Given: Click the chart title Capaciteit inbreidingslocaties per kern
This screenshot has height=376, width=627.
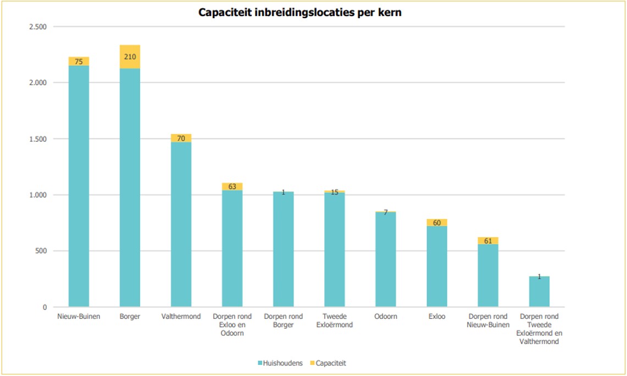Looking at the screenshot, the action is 300,13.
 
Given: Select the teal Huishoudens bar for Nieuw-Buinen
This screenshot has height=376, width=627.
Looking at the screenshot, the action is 79,186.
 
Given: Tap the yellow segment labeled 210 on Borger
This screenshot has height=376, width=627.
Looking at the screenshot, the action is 130,57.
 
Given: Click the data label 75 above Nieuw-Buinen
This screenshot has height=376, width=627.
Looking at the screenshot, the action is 79,62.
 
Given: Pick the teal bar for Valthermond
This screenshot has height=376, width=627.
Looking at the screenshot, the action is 181,224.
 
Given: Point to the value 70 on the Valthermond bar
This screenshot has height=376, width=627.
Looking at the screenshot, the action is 181,139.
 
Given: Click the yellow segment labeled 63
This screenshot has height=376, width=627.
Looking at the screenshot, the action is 232,187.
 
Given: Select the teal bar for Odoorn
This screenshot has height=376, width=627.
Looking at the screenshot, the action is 386,259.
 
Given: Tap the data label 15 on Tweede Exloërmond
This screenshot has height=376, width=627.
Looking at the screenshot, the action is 335,192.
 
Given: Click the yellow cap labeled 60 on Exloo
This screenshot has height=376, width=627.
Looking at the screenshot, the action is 437,223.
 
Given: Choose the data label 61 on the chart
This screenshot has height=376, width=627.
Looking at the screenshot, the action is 488,241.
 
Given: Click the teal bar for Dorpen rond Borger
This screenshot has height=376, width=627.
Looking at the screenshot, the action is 284,249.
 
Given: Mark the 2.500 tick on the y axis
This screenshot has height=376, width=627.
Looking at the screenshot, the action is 38,27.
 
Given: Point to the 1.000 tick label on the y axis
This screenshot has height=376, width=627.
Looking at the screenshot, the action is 38,195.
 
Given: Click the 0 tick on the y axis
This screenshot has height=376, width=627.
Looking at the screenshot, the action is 45,307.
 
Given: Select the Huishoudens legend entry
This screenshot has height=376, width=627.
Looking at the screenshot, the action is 280,363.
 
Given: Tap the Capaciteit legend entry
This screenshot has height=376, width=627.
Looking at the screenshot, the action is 328,363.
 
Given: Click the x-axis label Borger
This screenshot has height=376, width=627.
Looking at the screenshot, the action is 130,317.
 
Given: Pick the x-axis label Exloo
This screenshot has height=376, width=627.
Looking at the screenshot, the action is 437,317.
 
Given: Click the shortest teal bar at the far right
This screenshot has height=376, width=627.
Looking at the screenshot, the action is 540,291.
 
